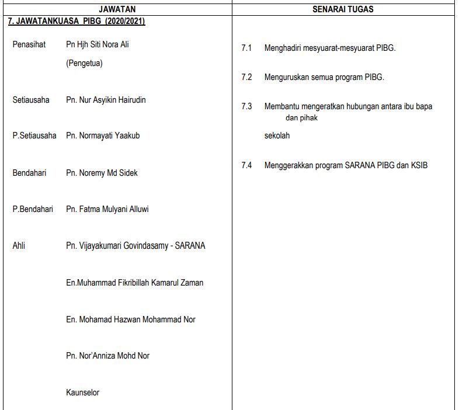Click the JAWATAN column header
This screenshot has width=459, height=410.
pos(117,9)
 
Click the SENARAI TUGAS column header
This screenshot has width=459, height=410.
pos(343,9)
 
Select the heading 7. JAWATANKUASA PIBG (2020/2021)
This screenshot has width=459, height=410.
pos(76,21)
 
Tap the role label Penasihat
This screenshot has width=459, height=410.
pos(29,44)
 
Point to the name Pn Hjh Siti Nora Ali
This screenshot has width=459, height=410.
pos(98,44)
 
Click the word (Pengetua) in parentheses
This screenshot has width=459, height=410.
pos(84,63)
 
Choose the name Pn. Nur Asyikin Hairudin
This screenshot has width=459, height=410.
pos(106,100)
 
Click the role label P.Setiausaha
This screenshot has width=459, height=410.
pos(34,135)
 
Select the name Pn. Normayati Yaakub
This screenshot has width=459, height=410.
pos(103,135)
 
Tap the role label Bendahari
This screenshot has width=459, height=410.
pos(29,173)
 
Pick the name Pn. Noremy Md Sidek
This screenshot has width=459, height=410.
pos(102,173)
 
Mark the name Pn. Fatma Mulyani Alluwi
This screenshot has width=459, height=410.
pos(107,209)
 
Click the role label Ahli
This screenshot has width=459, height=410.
pos(19,246)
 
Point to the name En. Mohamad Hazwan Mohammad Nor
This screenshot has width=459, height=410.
pos(130,319)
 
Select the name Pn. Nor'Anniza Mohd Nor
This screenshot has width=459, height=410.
pos(107,356)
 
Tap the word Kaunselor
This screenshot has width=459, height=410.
pos(82,392)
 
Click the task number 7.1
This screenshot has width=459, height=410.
pos(246,48)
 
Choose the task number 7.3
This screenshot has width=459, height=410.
pos(246,106)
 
